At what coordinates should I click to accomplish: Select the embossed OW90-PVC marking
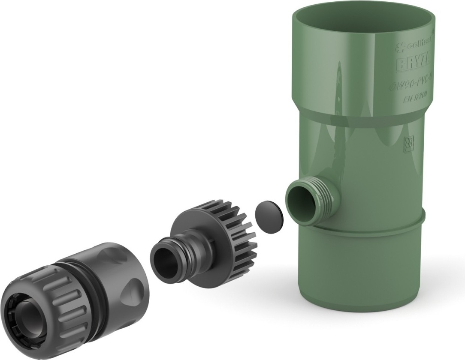coord(412,85)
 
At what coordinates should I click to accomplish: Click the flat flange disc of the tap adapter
coord(193,231)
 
